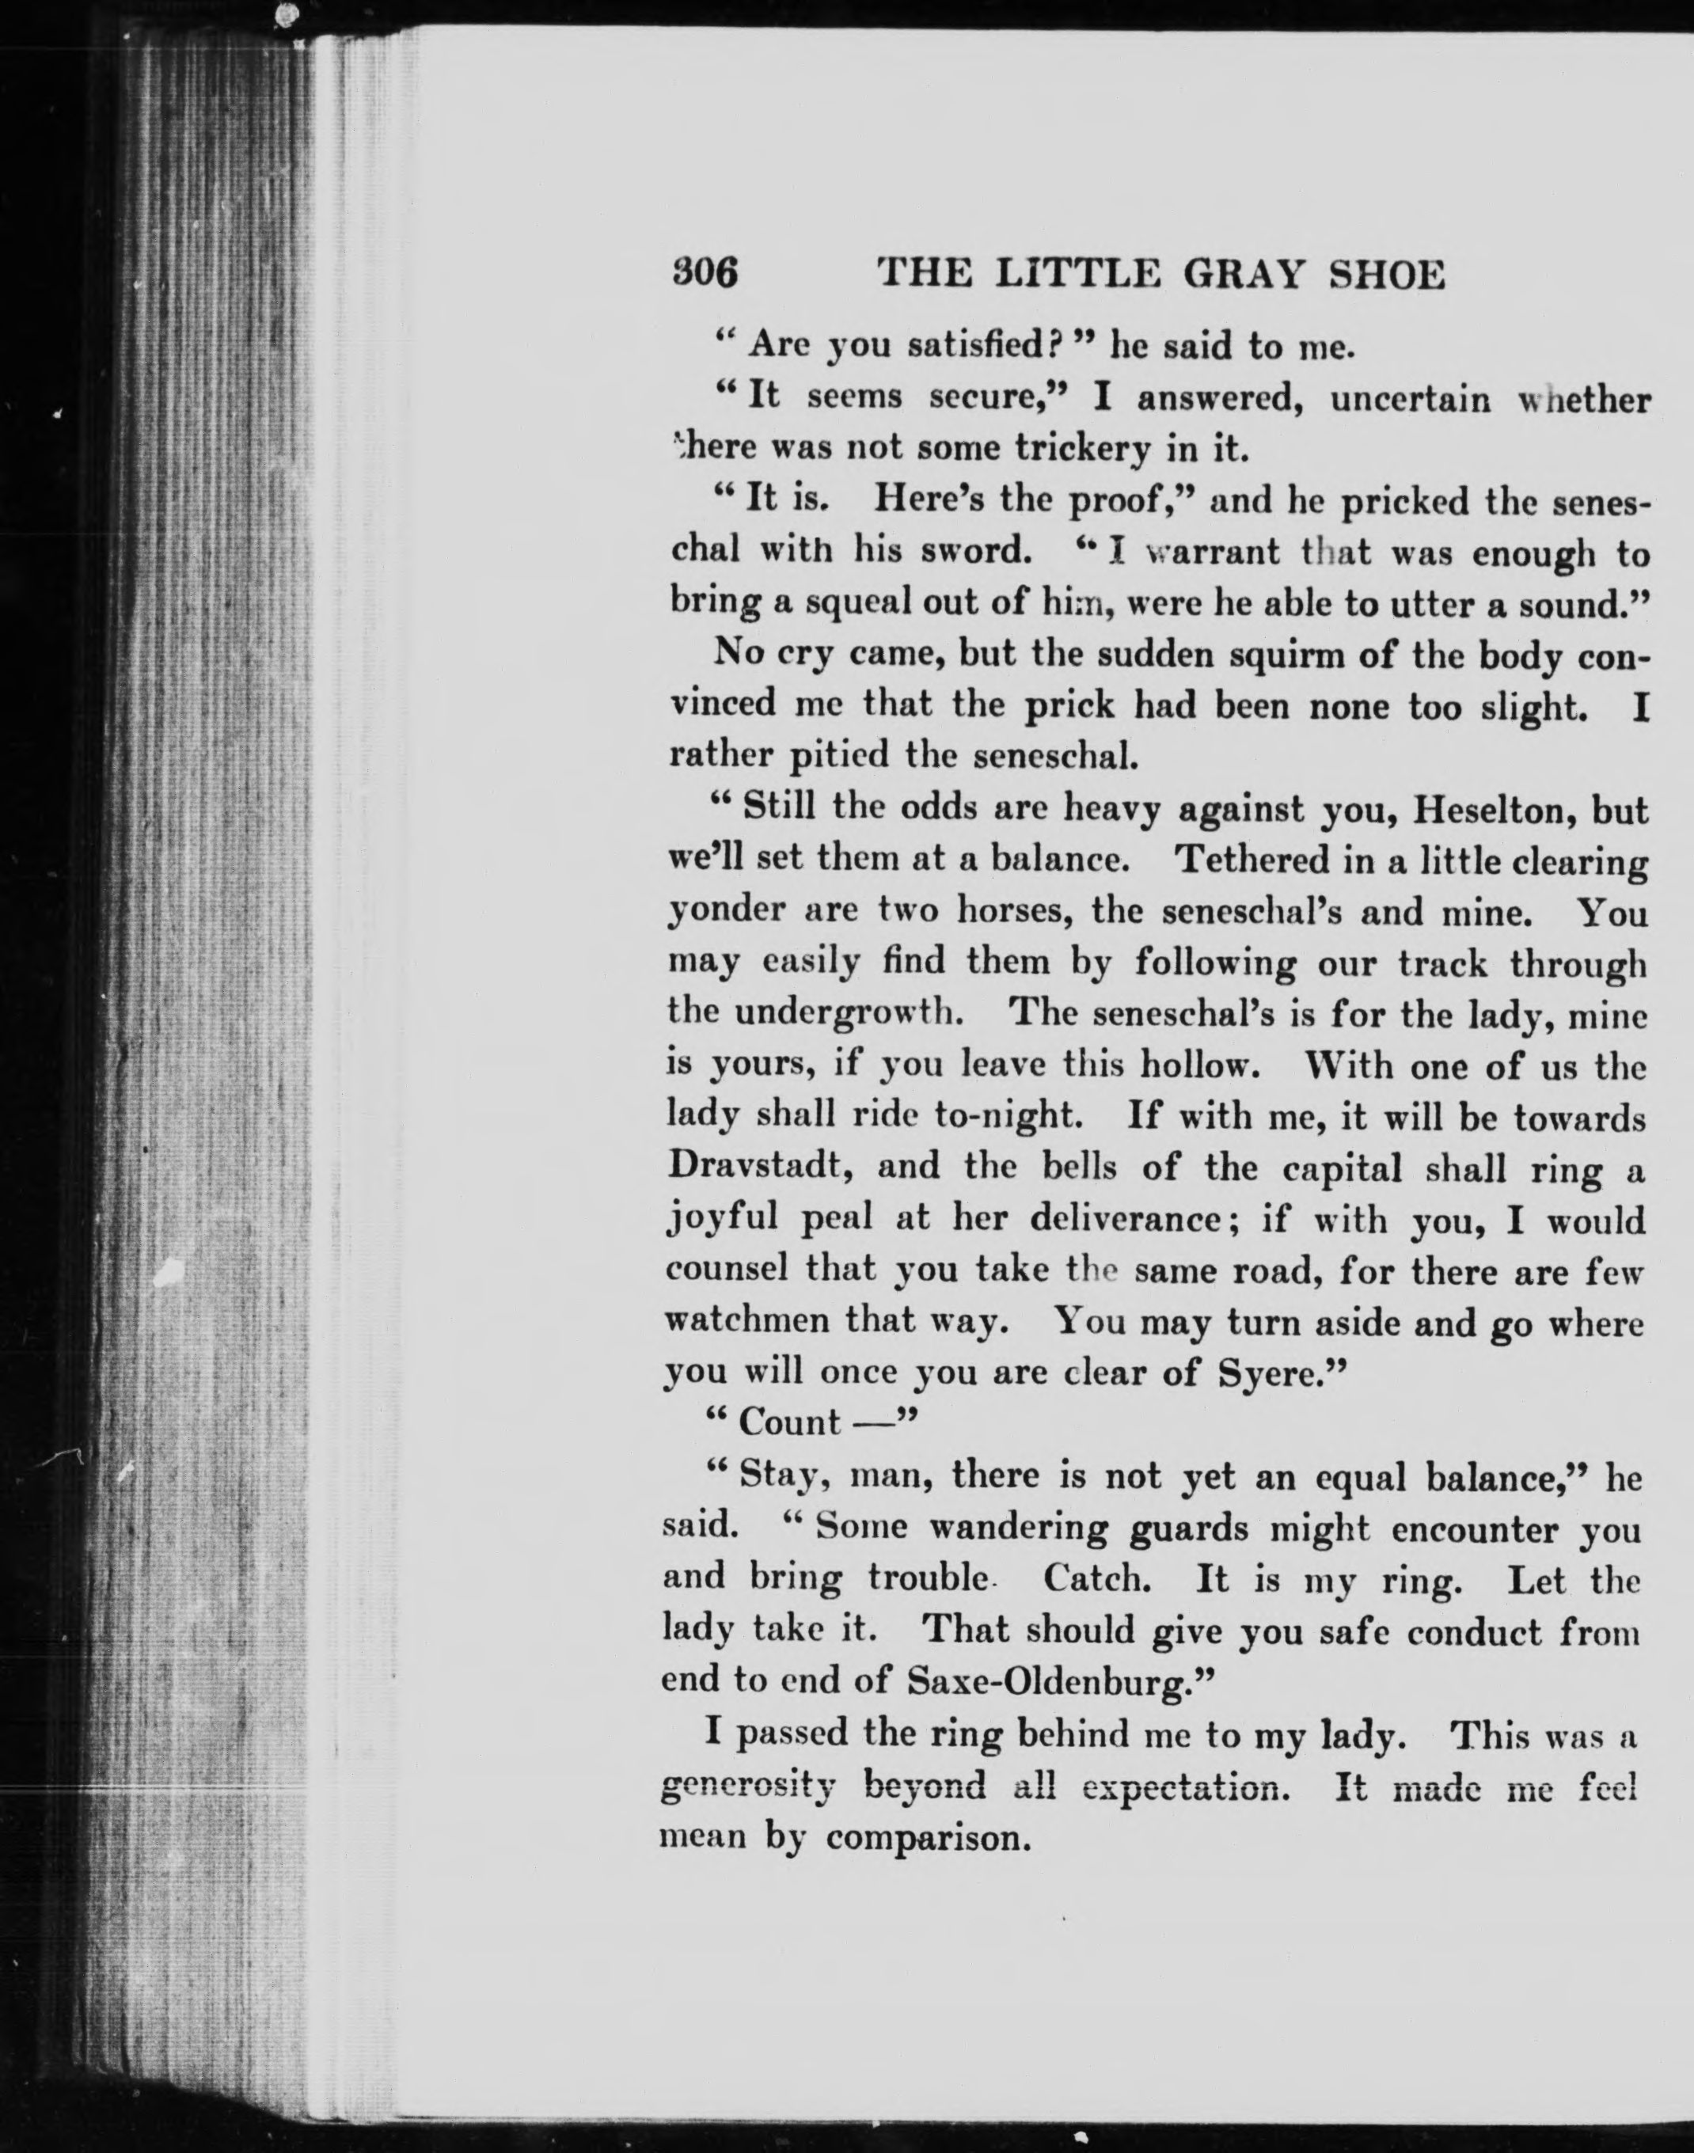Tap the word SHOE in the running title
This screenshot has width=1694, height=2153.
tap(1387, 274)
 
